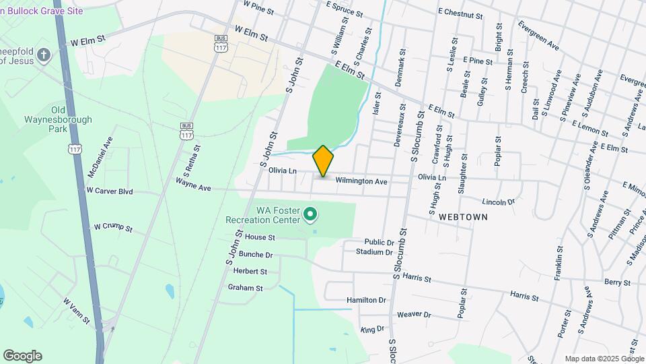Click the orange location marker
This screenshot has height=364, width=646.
pos(323,161)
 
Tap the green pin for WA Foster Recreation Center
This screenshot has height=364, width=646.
pos(310,215)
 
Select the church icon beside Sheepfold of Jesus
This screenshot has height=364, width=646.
pos(44,55)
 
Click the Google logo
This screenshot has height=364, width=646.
pos(22,356)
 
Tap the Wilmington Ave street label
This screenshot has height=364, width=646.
pos(361,181)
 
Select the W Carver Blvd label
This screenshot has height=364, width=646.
pos(110,191)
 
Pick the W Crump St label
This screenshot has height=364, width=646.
pos(113,228)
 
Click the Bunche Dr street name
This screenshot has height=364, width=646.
pos(256,255)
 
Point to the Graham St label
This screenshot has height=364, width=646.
pos(245,288)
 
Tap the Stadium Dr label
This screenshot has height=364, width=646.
pos(374,252)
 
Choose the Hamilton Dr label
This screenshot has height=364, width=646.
pos(366,300)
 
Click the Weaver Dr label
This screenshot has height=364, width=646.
pos(413,314)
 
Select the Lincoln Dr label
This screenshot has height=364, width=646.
pos(498,202)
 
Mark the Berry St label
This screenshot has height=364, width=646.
pos(616,282)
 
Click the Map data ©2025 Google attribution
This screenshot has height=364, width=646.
pos(604,358)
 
